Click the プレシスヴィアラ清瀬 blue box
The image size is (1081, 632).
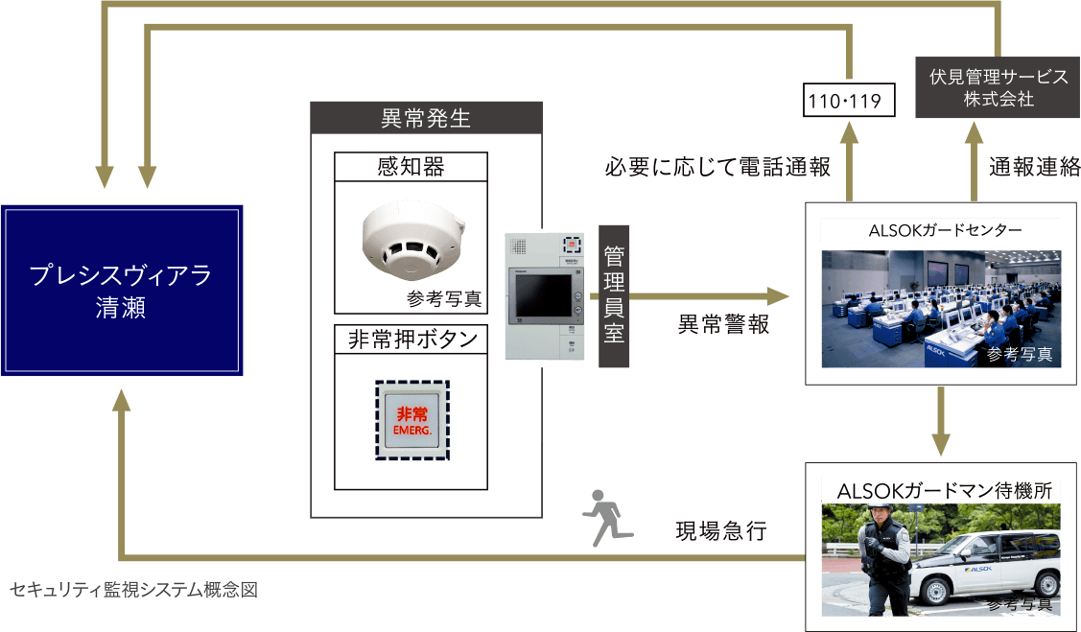tap(120, 291)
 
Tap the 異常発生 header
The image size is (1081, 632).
tap(426, 119)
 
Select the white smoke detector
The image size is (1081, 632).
tap(411, 237)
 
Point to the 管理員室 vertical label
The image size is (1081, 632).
tap(614, 295)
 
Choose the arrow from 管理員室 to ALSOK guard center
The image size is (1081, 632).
tap(710, 296)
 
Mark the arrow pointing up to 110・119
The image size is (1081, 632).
tap(849, 158)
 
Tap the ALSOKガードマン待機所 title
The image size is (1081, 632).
tap(945, 491)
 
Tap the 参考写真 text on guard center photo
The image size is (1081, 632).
tap(1019, 355)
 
